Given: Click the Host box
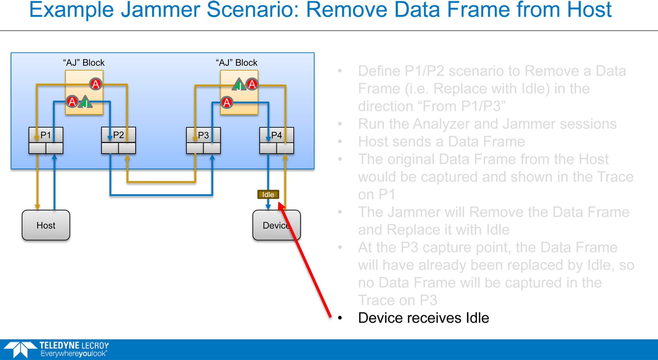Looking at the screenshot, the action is [46, 225].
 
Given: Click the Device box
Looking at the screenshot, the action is [276, 225].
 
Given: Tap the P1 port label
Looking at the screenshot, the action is [46, 135].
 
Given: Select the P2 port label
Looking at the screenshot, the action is [119, 135].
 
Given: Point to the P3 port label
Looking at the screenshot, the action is [203, 135].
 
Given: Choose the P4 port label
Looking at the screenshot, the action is [276, 135].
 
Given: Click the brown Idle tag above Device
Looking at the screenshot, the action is [268, 194].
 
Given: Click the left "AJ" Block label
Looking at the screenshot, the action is [84, 63].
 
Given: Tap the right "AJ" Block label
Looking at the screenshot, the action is [237, 63].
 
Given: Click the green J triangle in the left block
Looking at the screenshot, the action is [85, 102].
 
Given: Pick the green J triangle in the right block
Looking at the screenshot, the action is [239, 85].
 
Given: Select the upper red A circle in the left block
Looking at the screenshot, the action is [95, 84].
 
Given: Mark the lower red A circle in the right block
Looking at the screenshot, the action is [227, 102].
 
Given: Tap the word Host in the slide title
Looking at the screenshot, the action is [589, 10].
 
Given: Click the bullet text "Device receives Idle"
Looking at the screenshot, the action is [424, 318].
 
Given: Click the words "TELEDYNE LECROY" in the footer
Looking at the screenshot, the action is [74, 346].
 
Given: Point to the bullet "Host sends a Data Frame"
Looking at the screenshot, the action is [442, 142].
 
